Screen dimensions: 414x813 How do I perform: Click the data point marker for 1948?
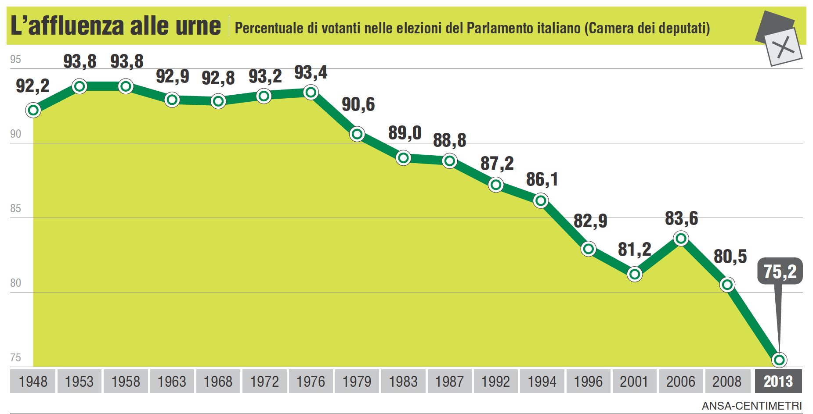click(x=33, y=110)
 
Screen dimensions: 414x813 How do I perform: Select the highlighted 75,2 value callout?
click(x=780, y=271)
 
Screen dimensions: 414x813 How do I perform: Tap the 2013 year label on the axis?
click(x=778, y=381)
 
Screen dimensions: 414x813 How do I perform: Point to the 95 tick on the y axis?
click(x=15, y=59)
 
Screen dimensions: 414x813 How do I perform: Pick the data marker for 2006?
click(x=681, y=239)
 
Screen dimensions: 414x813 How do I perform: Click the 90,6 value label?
click(x=358, y=104)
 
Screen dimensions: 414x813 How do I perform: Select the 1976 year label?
click(x=311, y=381)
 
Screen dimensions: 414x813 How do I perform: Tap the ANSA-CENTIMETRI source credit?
click(x=752, y=406)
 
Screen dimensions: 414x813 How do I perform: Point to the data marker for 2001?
click(x=635, y=275)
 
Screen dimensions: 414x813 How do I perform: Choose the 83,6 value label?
click(x=681, y=218)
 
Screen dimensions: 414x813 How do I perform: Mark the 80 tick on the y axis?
click(x=15, y=283)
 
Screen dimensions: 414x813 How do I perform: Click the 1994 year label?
click(x=542, y=381)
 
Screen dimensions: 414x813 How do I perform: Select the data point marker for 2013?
click(x=779, y=360)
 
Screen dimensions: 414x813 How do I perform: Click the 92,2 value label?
click(x=33, y=86)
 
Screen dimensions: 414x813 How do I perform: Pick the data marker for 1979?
click(x=358, y=134)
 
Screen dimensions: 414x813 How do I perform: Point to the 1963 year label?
click(x=172, y=381)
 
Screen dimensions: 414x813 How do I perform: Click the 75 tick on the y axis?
click(x=15, y=357)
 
